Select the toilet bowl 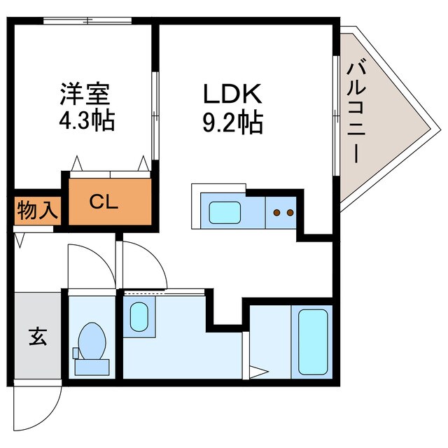tap(90, 340)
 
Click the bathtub tap(313, 342)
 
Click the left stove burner tap(276, 212)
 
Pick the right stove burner tap(288, 212)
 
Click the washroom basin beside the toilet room tap(139, 317)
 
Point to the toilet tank tap(91, 365)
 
